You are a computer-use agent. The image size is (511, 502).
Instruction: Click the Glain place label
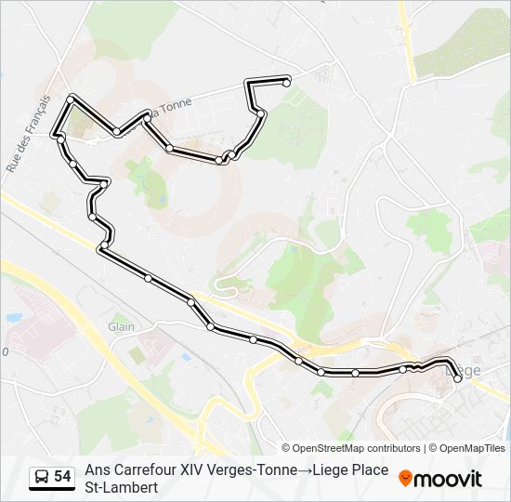[122, 326]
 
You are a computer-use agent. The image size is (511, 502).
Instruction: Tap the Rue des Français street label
[28, 132]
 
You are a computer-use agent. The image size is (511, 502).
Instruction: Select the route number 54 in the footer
[62, 477]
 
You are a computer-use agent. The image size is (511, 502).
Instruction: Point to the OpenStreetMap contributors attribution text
[350, 448]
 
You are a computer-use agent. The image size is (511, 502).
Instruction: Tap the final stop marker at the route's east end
[457, 377]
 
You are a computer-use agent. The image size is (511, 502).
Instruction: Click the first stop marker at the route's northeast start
[286, 83]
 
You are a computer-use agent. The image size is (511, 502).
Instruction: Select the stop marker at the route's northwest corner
[71, 98]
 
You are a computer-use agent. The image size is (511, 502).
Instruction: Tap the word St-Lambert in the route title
[122, 487]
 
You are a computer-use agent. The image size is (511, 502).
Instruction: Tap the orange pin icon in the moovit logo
[405, 479]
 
